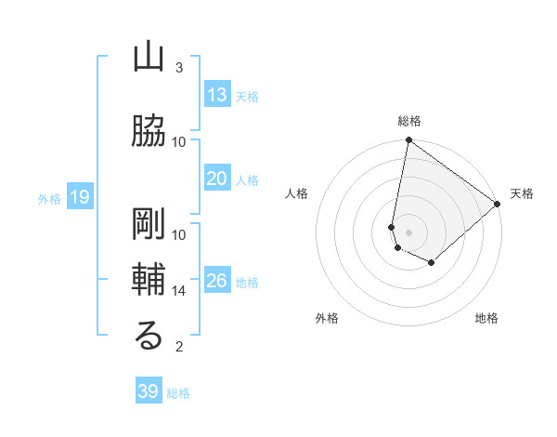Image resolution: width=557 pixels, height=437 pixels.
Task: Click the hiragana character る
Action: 149,337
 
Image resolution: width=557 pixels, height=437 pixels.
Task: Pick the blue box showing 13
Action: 217,95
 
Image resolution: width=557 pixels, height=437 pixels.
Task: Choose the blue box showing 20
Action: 217,179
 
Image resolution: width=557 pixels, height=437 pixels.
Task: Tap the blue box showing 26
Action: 217,281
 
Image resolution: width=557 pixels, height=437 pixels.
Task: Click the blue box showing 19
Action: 79,197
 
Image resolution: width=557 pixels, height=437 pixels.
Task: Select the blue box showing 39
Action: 149,391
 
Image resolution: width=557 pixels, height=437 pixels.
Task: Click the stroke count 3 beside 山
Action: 179,68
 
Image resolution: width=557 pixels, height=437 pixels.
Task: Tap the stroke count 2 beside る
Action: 179,347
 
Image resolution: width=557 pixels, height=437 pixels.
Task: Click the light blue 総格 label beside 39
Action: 178,393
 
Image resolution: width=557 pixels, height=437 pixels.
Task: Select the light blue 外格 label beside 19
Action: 49,198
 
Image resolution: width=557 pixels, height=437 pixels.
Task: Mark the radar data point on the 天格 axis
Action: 498,205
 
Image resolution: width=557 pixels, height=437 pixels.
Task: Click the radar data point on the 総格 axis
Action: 408,140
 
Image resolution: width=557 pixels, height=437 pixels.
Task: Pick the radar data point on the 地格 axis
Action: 432,263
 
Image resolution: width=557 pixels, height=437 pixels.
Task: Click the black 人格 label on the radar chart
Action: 297,193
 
